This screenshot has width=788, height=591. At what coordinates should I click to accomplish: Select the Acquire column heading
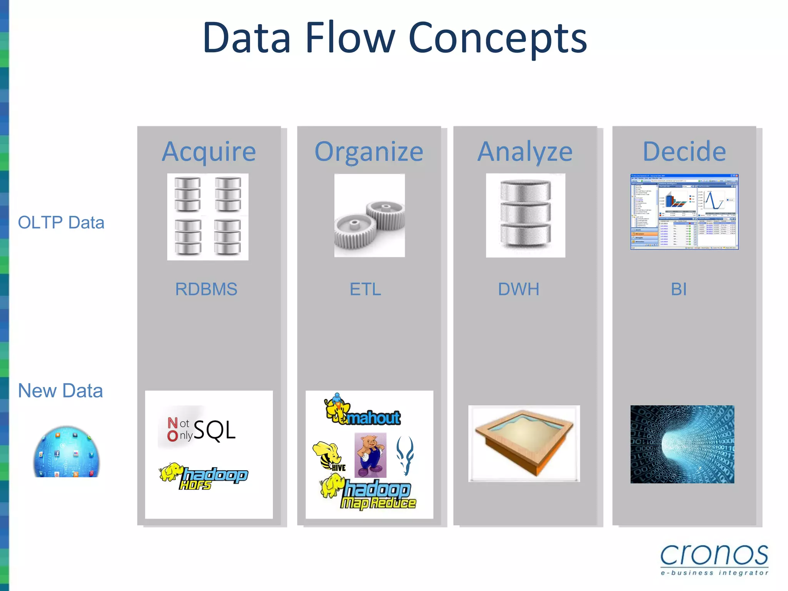pyautogui.click(x=209, y=152)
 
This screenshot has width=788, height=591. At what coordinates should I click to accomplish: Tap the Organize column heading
pyautogui.click(x=369, y=152)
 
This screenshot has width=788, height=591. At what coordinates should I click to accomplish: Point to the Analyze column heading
pyautogui.click(x=525, y=152)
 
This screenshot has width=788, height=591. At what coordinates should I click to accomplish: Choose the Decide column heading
pyautogui.click(x=684, y=152)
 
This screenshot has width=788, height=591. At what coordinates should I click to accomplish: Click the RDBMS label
pyautogui.click(x=206, y=289)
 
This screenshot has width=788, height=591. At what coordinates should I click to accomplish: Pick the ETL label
pyautogui.click(x=365, y=289)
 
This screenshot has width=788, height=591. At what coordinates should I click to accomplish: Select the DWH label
pyautogui.click(x=519, y=289)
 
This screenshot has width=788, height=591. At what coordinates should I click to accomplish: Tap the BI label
pyautogui.click(x=679, y=289)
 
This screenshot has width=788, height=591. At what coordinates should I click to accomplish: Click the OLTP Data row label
pyautogui.click(x=61, y=222)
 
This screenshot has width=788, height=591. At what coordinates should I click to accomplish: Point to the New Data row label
pyautogui.click(x=60, y=391)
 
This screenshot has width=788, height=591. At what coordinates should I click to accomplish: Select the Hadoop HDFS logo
pyautogui.click(x=204, y=476)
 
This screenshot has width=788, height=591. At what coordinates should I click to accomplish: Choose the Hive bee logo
pyautogui.click(x=329, y=456)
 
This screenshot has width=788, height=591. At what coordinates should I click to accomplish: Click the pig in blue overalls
pyautogui.click(x=371, y=455)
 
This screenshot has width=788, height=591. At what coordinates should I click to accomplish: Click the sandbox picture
pyautogui.click(x=524, y=443)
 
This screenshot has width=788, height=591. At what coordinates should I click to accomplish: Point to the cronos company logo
pyautogui.click(x=714, y=559)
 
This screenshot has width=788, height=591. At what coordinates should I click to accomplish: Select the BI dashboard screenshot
pyautogui.click(x=684, y=212)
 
